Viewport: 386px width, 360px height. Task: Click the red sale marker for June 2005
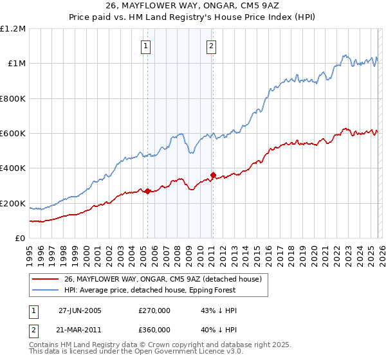[x=147, y=191]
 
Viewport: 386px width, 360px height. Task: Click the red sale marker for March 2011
[x=212, y=175]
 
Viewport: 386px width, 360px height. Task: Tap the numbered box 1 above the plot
[x=147, y=46]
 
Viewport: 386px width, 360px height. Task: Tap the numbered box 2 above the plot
[x=211, y=46]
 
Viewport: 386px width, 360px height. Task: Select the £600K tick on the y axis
[x=13, y=134]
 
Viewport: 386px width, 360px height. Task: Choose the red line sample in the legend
[x=46, y=279]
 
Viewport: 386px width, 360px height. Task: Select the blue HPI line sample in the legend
[x=46, y=290]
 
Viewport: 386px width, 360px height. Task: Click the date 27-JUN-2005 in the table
[x=80, y=310]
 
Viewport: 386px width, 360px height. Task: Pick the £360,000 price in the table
[x=154, y=329]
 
